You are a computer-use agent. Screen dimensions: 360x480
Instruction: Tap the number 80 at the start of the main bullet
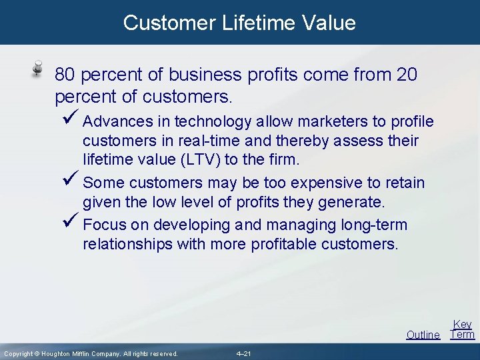[65, 74]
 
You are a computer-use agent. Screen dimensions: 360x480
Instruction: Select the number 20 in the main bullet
[406, 74]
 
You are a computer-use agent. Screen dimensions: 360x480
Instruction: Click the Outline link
[423, 335]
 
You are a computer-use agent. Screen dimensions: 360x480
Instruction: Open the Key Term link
[462, 329]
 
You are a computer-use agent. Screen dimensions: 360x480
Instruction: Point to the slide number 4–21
[243, 353]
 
